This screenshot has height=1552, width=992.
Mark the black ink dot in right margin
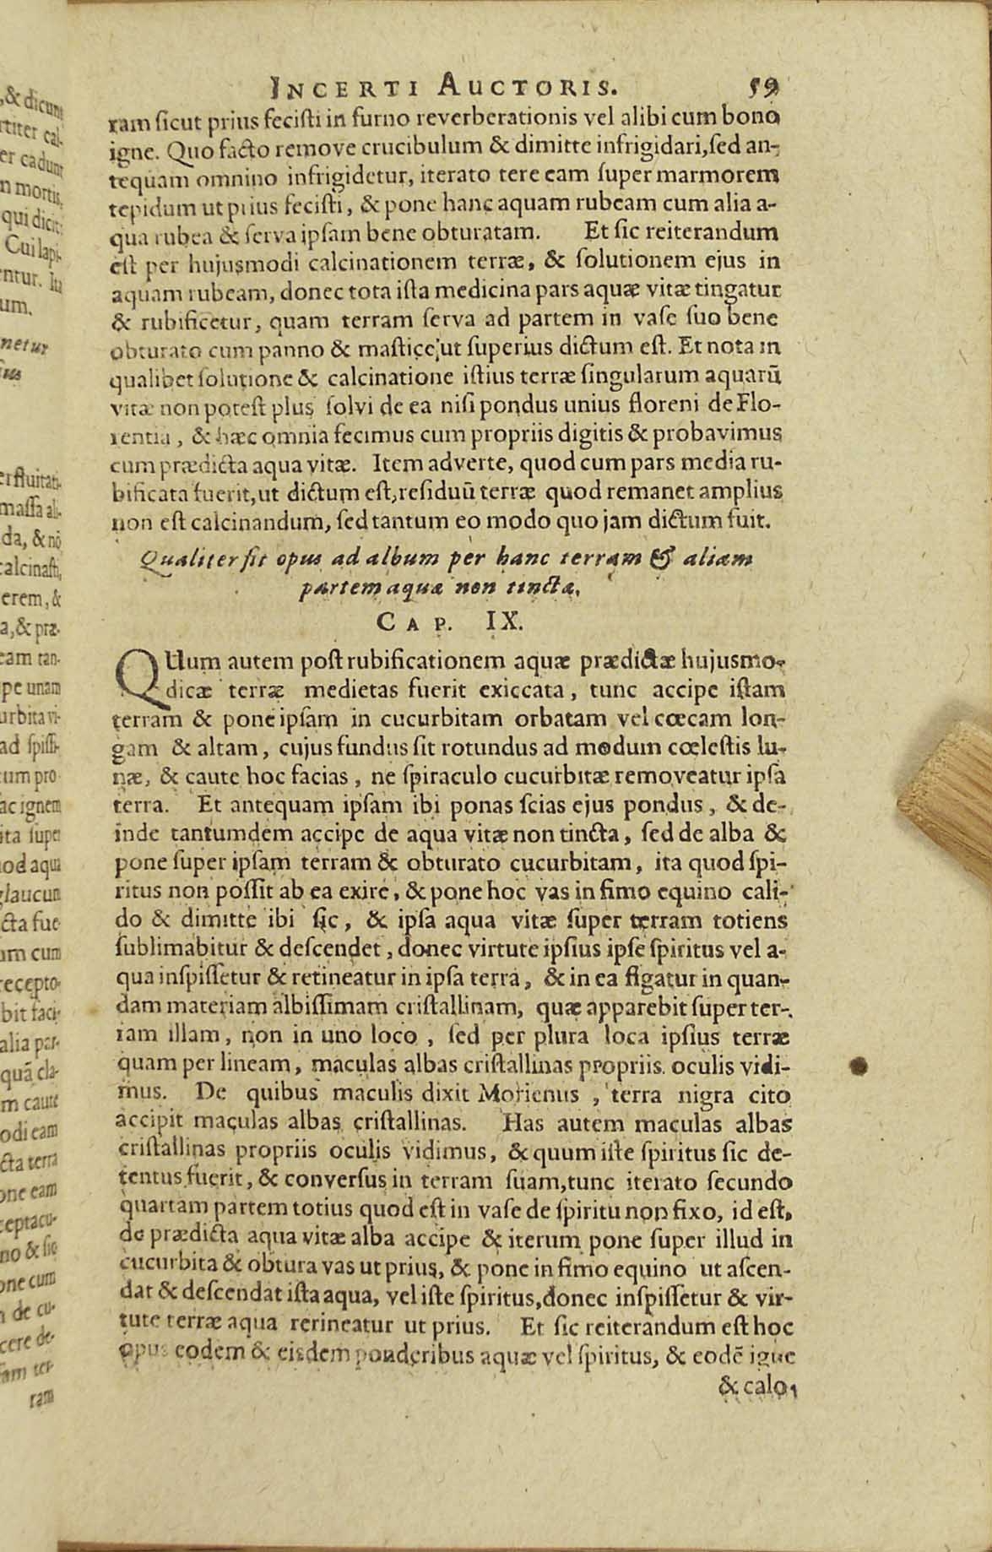point(859,1066)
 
